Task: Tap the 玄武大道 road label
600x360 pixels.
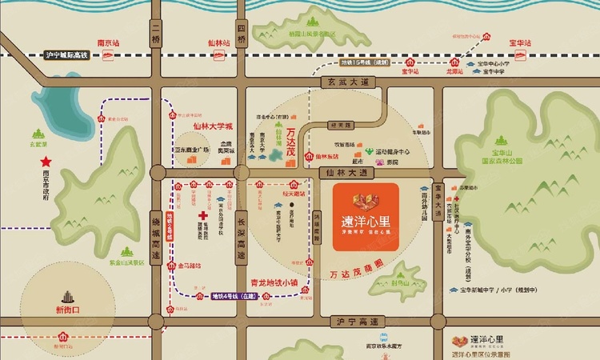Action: coord(346,82)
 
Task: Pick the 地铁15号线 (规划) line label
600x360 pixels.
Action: coord(365,61)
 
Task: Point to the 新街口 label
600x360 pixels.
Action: coord(59,310)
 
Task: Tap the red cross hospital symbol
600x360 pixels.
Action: coord(204,217)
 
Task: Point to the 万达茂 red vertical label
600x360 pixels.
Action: coord(290,134)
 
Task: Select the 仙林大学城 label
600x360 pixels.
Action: coord(212,125)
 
